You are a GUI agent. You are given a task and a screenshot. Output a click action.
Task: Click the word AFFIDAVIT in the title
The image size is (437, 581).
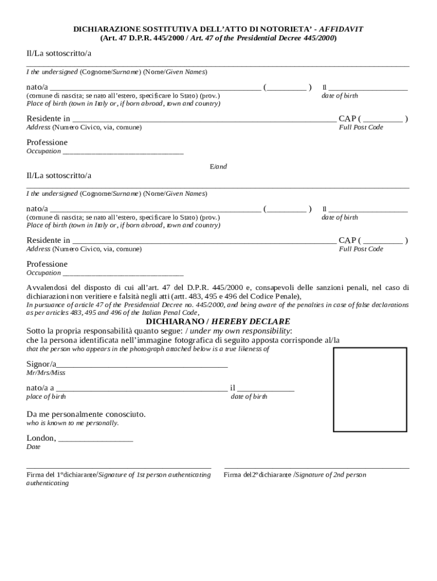tap(341, 29)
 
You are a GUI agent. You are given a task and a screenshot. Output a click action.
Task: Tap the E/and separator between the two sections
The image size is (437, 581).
tap(218, 166)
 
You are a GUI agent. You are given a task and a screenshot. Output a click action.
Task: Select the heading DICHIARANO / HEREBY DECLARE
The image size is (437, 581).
tap(218, 321)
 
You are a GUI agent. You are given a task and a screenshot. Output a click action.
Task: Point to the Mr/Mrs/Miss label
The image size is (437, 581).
tap(46, 373)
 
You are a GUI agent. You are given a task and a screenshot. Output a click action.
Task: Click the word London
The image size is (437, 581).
tap(40, 438)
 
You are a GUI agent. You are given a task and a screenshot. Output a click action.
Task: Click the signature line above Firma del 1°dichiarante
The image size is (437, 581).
tap(119, 468)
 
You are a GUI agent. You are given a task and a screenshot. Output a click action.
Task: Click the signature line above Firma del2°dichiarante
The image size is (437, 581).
tap(317, 468)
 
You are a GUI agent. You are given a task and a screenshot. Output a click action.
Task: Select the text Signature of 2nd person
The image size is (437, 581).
tap(331, 475)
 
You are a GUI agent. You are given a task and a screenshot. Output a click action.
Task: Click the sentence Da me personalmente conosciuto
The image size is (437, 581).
tap(86, 414)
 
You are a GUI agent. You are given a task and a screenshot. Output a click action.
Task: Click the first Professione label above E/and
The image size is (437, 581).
tap(47, 142)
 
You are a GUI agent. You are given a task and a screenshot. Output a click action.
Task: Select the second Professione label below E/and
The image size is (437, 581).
tap(47, 264)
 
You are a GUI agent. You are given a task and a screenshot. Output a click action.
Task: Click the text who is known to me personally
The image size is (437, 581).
tap(73, 423)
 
